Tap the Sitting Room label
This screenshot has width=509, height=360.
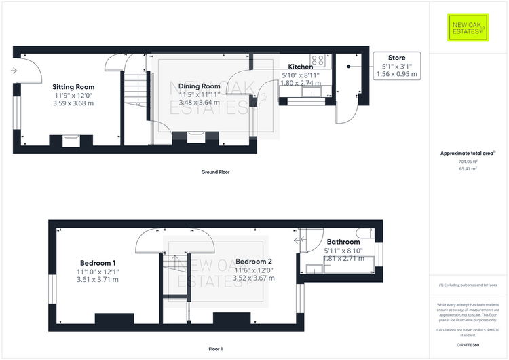pos(73,87)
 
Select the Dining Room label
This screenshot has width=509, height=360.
pos(199,86)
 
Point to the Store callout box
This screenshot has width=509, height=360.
pos(397,66)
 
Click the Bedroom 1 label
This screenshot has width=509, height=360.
pos(98,263)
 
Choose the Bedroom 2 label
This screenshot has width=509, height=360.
pos(254,262)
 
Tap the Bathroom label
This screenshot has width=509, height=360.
pos(343,242)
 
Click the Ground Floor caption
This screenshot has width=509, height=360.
pos(215,172)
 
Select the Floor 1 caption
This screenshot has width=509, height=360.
pos(215,349)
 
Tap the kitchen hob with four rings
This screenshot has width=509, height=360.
pos(318,59)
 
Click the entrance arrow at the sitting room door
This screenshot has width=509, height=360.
pos(14,70)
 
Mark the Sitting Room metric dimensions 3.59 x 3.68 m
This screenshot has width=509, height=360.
pos(73,103)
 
